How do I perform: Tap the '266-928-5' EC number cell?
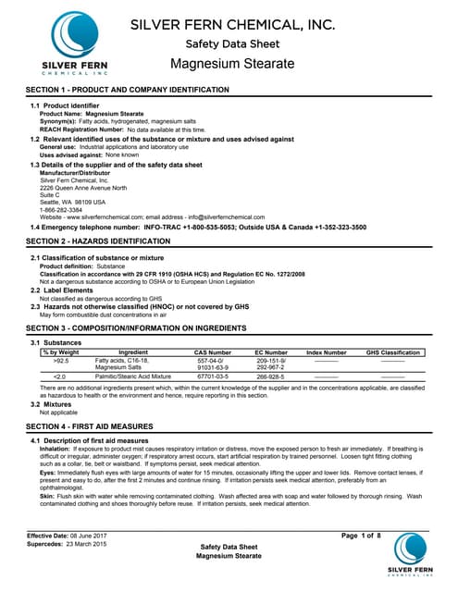coord(270,377)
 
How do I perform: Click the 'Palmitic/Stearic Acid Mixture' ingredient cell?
coord(134,377)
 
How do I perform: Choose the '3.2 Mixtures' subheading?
coord(56,404)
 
